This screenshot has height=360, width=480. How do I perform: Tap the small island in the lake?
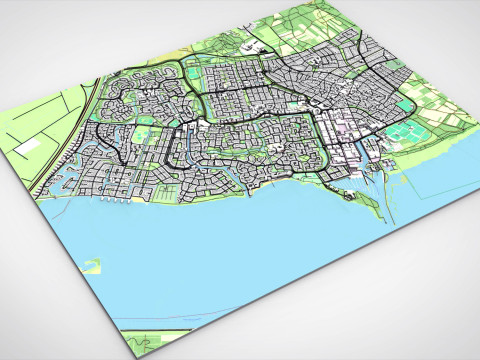[93, 266]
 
